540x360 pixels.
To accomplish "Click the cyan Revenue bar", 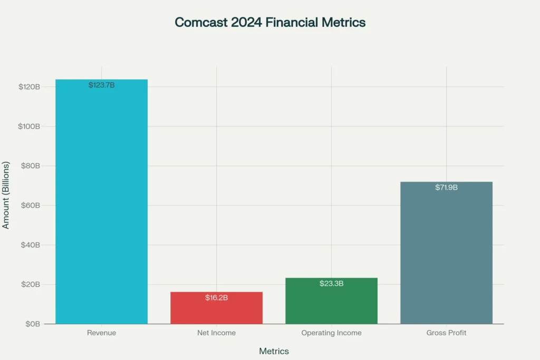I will (101, 206).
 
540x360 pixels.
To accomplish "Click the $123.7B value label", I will (101, 85).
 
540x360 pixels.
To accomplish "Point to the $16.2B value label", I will (216, 298).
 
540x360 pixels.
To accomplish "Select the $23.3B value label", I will (331, 284).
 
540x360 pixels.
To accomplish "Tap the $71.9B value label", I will (446, 188).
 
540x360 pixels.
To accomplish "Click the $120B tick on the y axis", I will (30, 87).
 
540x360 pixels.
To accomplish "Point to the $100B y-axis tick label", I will (30, 127).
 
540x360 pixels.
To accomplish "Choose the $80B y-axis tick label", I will (31, 166).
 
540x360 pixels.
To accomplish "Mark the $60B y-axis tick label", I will (31, 206).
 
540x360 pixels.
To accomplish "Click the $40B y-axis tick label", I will (31, 245).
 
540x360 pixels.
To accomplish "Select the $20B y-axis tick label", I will (31, 285).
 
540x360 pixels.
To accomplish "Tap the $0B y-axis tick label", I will (33, 324).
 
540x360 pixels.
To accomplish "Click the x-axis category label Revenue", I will (101, 333).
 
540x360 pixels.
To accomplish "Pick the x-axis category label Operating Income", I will (331, 333).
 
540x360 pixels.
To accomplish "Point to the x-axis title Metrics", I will (274, 351).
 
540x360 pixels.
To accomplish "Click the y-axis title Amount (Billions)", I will (6, 194).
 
